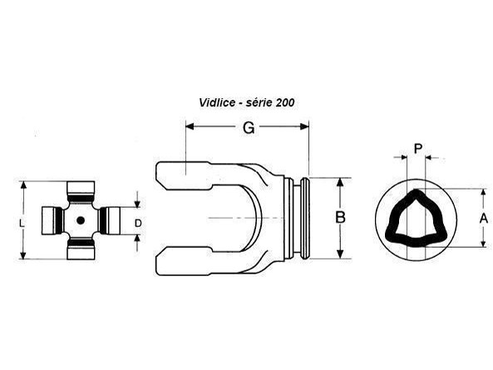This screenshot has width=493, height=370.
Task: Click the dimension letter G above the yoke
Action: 249,128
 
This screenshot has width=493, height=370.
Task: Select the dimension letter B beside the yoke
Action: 340,217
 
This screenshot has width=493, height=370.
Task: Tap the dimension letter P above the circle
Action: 418,148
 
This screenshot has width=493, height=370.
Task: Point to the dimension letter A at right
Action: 484,218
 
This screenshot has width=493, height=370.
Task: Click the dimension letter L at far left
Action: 22,224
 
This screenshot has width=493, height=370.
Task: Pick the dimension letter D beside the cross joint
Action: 138,223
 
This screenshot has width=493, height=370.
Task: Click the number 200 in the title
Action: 285,102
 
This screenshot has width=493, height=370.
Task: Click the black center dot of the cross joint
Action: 81,220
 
